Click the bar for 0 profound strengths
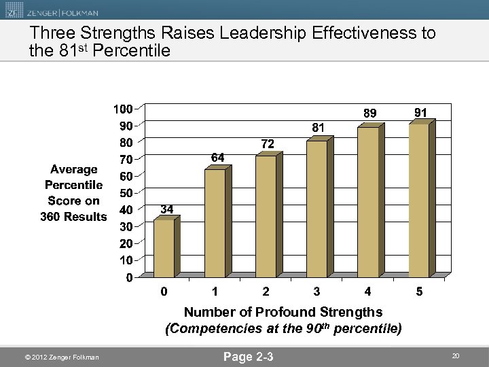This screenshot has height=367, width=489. (x=164, y=248)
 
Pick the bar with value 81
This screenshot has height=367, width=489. (x=316, y=208)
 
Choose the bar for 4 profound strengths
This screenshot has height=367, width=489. (x=367, y=201)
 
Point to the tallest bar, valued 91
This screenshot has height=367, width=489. (x=418, y=200)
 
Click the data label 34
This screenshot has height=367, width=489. (x=166, y=208)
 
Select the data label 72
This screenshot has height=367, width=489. (x=268, y=143)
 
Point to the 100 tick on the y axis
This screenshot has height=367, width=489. (x=123, y=109)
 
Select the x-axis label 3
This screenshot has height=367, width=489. (x=316, y=292)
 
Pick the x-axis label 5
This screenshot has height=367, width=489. (x=419, y=292)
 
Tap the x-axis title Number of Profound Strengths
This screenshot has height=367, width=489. (x=283, y=312)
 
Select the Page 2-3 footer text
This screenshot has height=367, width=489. (x=249, y=356)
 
